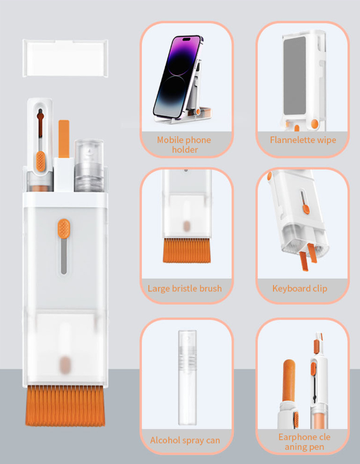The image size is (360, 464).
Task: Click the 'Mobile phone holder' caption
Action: pyautogui.click(x=184, y=145)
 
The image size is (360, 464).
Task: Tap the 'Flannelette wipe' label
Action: pyautogui.click(x=303, y=140)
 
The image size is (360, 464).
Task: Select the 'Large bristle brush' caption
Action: pyautogui.click(x=184, y=288)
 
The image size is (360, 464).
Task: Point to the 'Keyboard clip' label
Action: pyautogui.click(x=299, y=288)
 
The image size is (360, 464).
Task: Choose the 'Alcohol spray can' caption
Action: pyautogui.click(x=185, y=440)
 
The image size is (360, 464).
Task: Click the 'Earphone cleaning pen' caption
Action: pyautogui.click(x=305, y=441)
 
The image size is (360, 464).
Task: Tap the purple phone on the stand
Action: pyautogui.click(x=178, y=76)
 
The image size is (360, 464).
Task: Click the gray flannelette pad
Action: pyautogui.click(x=295, y=75)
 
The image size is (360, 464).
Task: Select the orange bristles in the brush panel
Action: pyautogui.click(x=187, y=250)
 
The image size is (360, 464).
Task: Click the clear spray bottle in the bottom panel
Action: pyautogui.click(x=187, y=377)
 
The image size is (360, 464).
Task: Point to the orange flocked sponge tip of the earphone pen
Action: pyautogui.click(x=289, y=381)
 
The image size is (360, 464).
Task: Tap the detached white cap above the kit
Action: pyautogui.click(x=65, y=58)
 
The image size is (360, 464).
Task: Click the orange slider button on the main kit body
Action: pyautogui.click(x=64, y=229)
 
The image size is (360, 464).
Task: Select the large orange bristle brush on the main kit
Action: pyautogui.click(x=65, y=405)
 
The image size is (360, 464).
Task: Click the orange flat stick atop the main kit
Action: pyautogui.click(x=64, y=139)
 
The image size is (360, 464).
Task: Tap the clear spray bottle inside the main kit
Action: pyautogui.click(x=89, y=165)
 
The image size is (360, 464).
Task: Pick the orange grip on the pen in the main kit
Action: pyautogui.click(x=41, y=161)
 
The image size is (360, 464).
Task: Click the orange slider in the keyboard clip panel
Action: pyautogui.click(x=306, y=209)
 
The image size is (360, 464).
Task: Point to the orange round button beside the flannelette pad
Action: pyautogui.click(x=314, y=124)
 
